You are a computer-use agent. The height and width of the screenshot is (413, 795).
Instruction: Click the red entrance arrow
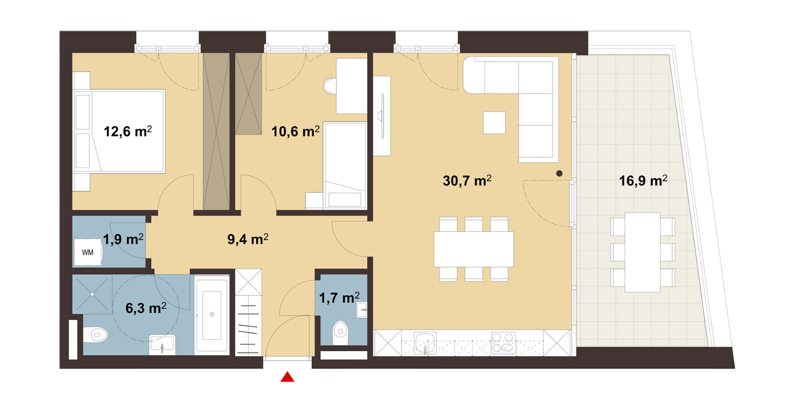click(x=287, y=377)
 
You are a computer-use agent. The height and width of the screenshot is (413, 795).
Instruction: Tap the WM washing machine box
click(x=87, y=252)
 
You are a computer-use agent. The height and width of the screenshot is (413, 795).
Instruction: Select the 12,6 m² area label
click(x=128, y=131)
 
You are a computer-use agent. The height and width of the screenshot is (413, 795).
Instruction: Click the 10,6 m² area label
click(x=295, y=131)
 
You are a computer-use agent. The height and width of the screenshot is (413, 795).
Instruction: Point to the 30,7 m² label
click(x=467, y=180)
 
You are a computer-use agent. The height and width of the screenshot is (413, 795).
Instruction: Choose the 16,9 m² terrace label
click(x=643, y=180)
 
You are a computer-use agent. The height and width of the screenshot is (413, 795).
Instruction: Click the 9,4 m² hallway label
click(x=248, y=239)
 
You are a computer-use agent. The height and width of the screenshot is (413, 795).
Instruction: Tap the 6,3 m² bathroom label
click(x=146, y=308)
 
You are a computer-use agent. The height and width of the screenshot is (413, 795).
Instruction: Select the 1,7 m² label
click(x=339, y=298)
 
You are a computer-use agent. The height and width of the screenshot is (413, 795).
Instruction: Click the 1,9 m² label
click(x=123, y=239)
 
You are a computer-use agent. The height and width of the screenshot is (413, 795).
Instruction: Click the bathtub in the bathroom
click(x=212, y=315)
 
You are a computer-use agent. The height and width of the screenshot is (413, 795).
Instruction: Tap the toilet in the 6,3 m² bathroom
click(x=96, y=334)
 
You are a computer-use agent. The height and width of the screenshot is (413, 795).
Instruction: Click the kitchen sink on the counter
click(x=426, y=343)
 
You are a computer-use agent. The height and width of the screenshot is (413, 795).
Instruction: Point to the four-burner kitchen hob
click(x=503, y=343)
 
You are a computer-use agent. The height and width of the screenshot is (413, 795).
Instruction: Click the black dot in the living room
click(x=559, y=174)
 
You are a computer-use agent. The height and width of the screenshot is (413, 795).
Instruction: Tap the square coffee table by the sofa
click(x=494, y=122)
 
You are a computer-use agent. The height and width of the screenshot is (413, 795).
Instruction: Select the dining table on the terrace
click(x=643, y=252)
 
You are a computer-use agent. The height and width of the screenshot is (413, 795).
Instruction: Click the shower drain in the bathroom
click(x=92, y=294)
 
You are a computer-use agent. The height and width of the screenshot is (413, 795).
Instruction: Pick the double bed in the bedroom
click(x=119, y=131)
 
